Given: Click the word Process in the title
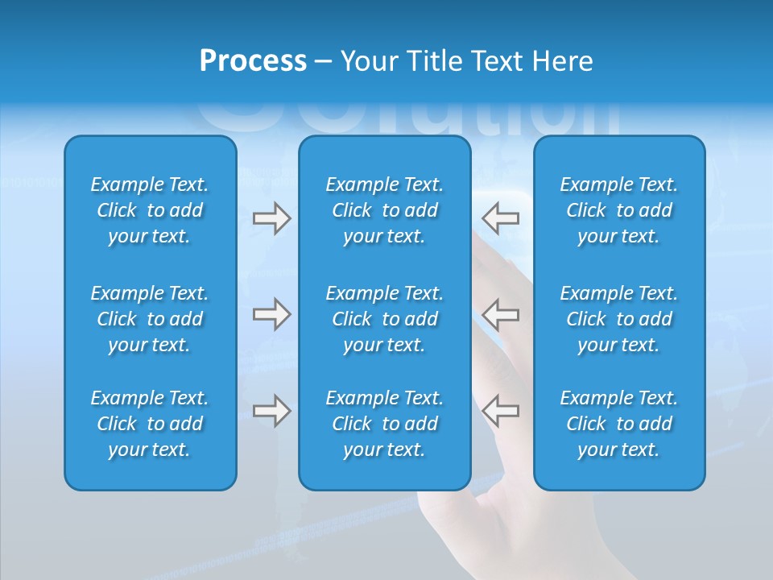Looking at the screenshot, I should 253,61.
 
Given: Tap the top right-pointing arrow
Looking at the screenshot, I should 271,218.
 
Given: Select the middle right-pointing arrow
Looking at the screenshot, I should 271,314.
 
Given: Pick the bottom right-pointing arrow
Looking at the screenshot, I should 271,411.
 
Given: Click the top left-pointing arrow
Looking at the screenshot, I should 501,218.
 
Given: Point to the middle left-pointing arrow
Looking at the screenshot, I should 501,314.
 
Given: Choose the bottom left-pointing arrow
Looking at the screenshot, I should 501,411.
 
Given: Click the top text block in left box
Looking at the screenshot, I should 150,210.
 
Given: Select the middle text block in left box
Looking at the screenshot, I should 150,319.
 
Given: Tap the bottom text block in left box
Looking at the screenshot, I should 150,424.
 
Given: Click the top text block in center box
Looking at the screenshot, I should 384,210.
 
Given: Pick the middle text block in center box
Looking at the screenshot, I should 384,319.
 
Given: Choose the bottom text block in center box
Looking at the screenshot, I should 384,424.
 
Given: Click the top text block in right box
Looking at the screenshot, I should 619,210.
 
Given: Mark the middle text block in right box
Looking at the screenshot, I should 619,319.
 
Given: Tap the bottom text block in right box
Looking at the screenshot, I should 619,424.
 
